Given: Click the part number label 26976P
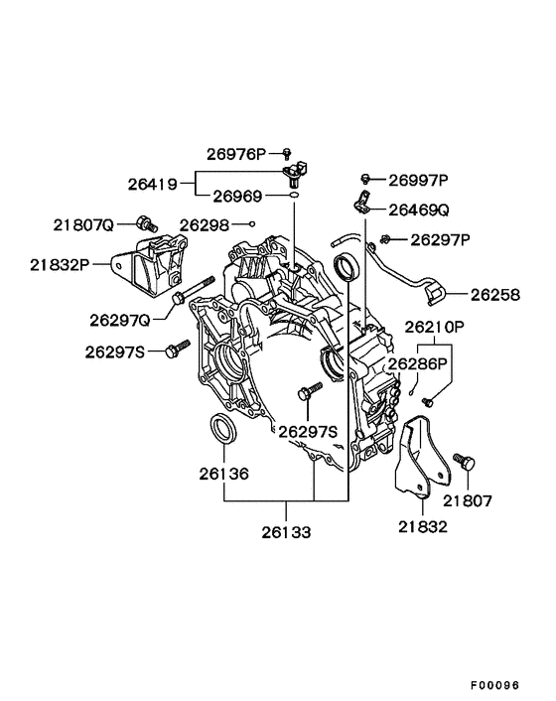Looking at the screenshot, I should click(236, 154).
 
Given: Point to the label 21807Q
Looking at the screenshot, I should click(84, 224).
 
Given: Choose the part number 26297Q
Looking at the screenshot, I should click(119, 320).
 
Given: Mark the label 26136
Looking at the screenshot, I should click(226, 474).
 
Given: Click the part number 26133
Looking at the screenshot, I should click(287, 532).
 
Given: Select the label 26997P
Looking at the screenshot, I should click(418, 180).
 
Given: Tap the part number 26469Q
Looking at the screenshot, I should click(418, 210).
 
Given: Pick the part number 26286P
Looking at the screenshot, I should click(419, 364).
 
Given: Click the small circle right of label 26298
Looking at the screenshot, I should click(253, 224).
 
